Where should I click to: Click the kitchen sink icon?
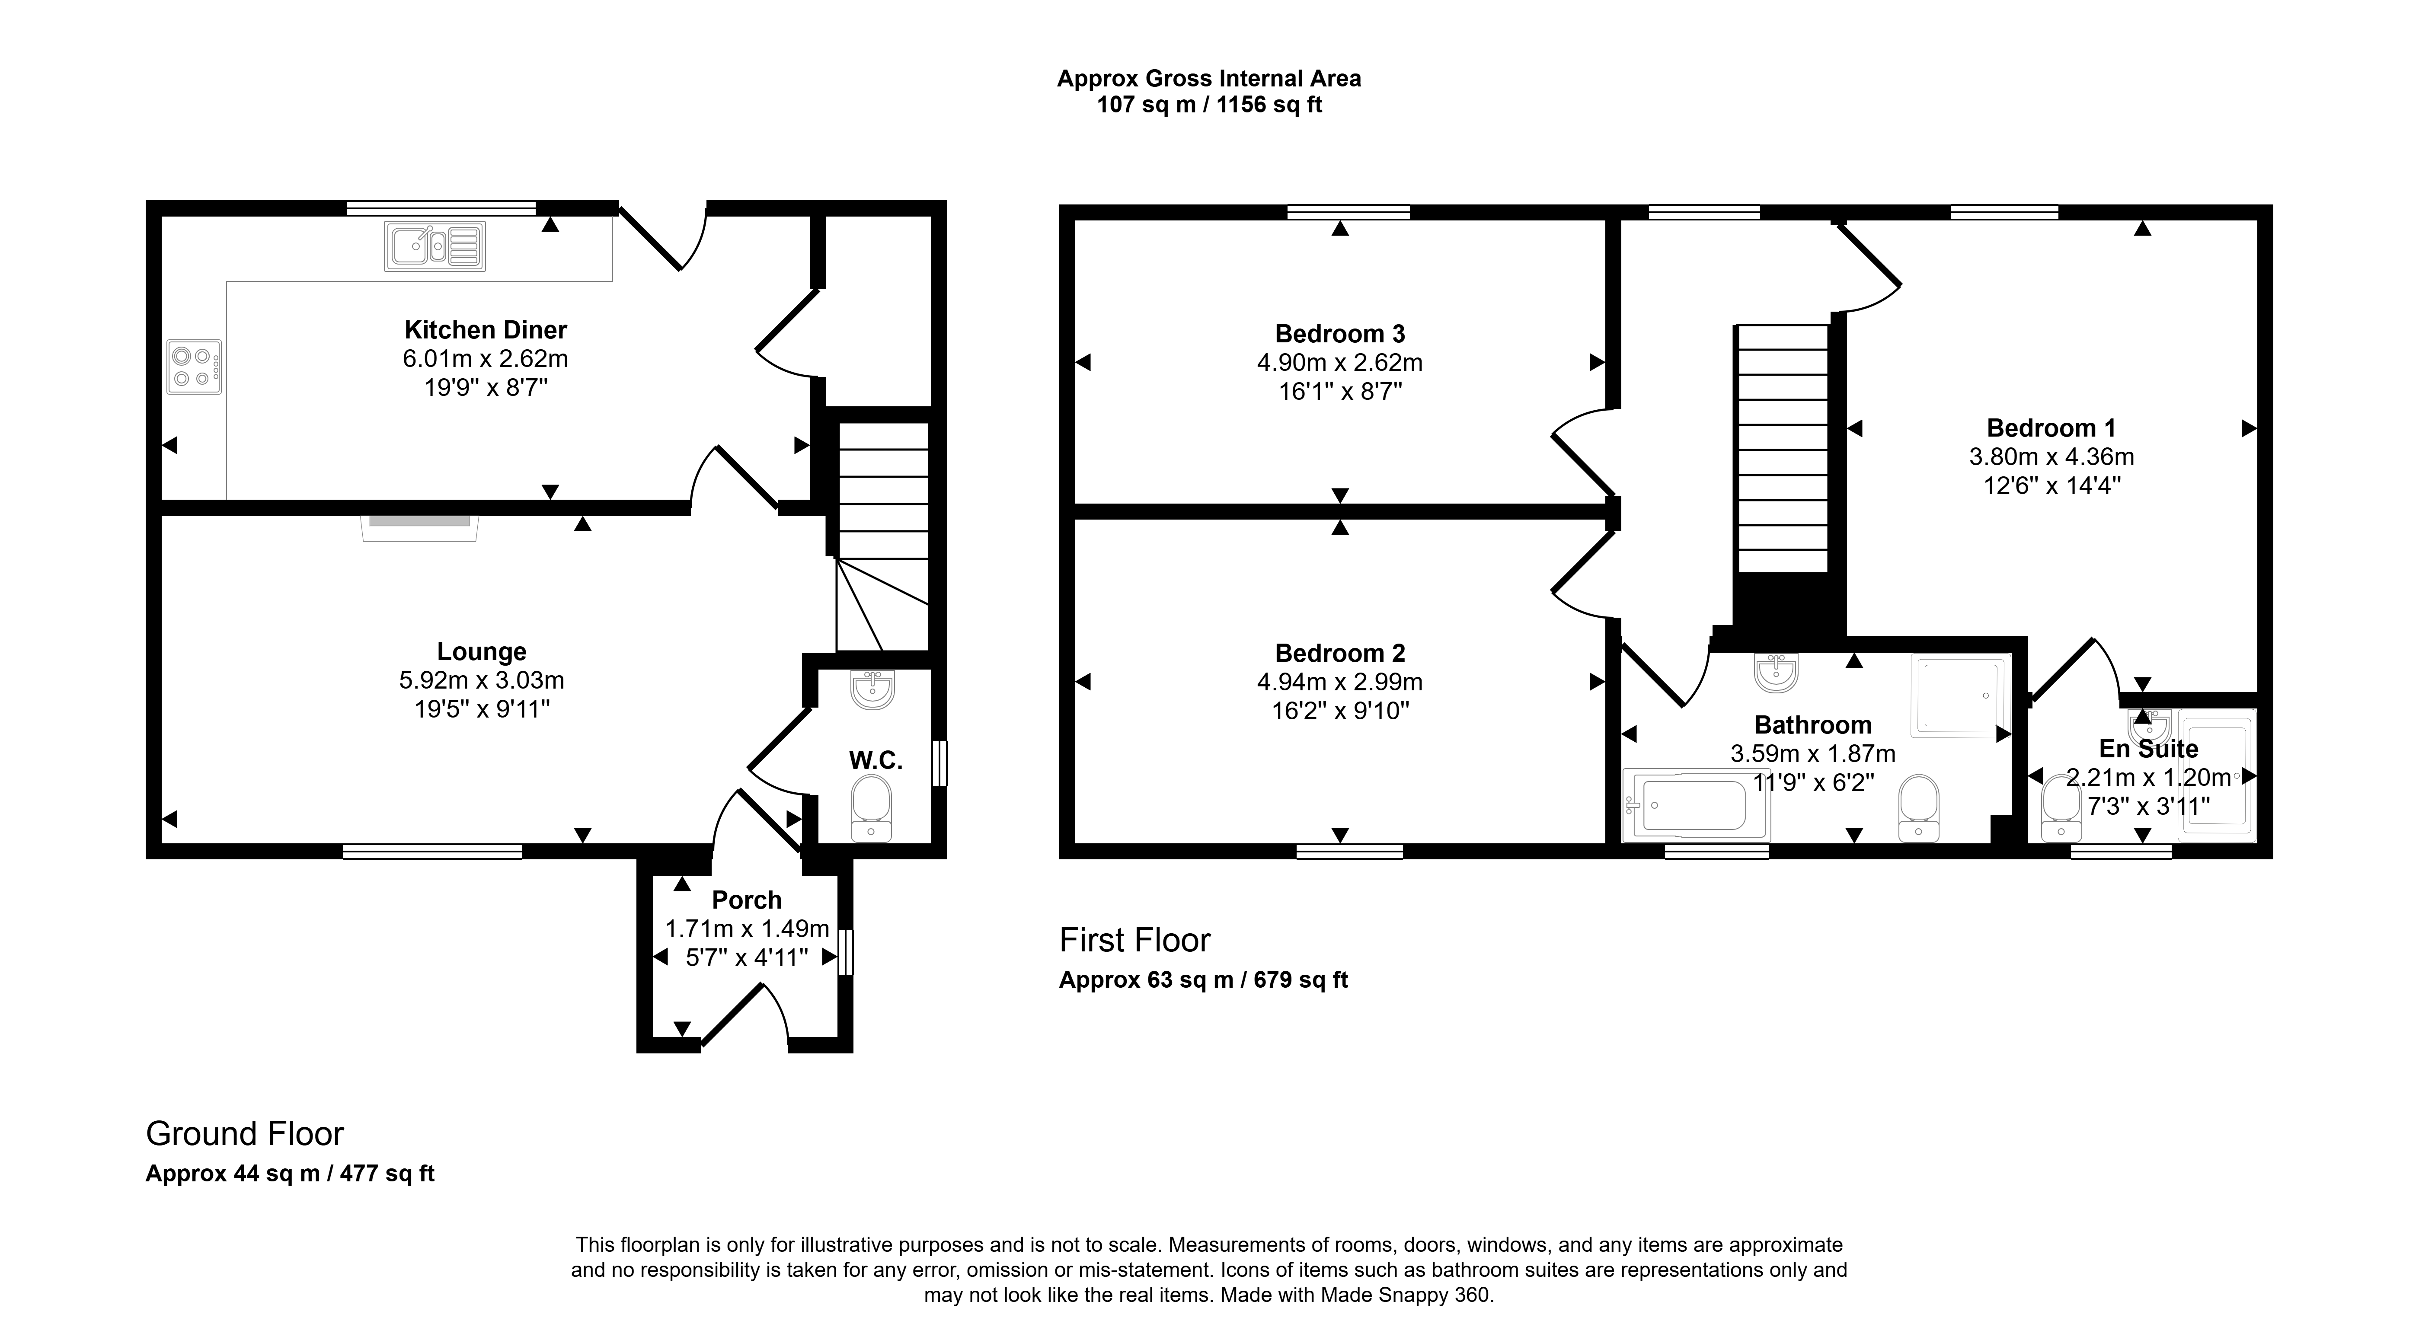point(435,246)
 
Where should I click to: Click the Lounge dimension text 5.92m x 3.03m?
point(482,680)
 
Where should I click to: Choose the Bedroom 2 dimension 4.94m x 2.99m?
point(1340,682)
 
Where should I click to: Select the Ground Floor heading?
point(245,1134)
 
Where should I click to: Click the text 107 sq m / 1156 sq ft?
point(1210,105)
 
